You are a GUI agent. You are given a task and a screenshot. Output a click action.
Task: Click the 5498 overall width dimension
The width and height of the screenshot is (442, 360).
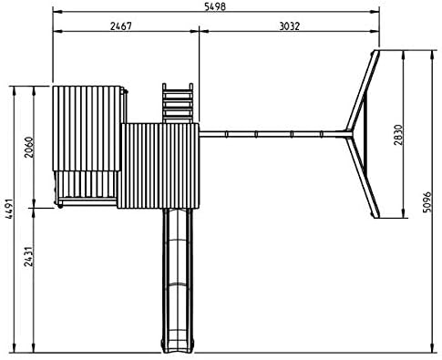coord(215,6)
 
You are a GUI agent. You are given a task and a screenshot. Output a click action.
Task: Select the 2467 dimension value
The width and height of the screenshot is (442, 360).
coord(121,26)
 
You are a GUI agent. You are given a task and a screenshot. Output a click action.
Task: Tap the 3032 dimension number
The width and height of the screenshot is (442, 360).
coord(290,26)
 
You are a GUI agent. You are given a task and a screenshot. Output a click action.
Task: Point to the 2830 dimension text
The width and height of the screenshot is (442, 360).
coord(397,135)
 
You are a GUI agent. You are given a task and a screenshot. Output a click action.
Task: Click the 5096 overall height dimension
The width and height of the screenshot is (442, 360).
coord(427,201)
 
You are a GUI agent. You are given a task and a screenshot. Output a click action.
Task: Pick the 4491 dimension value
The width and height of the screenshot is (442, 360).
coord(9,209)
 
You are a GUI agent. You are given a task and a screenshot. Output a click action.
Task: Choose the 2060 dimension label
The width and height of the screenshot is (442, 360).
coord(29,148)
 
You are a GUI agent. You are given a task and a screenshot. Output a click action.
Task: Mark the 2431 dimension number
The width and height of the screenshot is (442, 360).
coord(29,256)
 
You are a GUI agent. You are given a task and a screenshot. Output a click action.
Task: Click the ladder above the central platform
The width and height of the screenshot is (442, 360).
coord(178,103)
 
